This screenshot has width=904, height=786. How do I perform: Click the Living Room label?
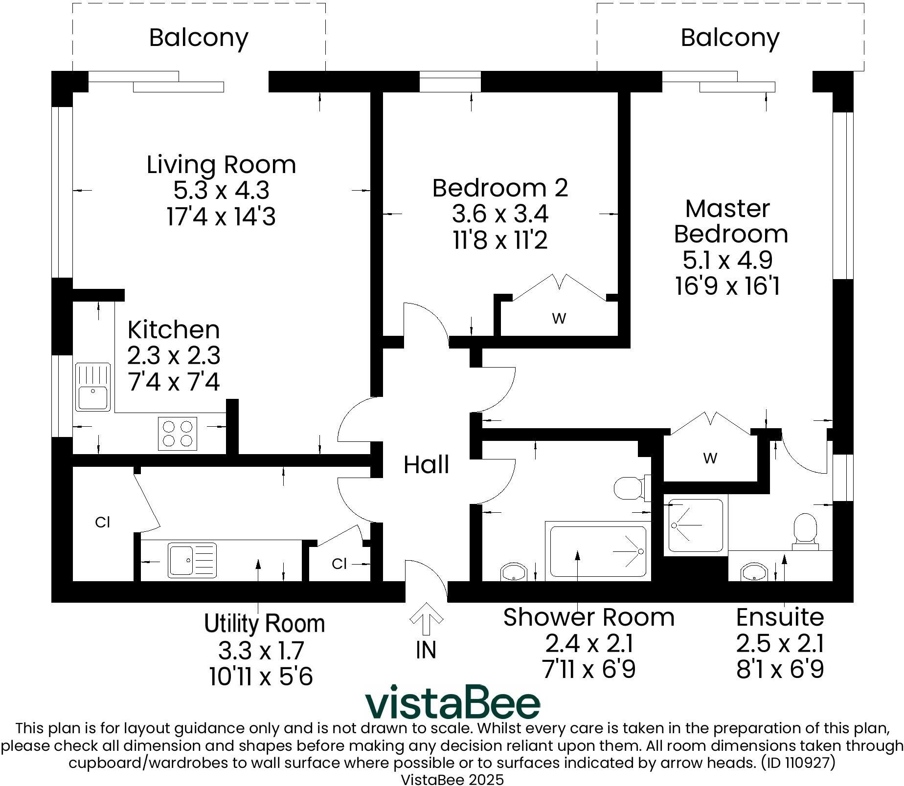[x=221, y=165]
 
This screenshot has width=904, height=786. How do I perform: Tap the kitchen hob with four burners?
[x=177, y=434]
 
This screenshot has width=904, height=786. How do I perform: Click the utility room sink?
[x=192, y=560]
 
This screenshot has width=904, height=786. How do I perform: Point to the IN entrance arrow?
[x=426, y=619]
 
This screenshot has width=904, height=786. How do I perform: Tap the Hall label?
[x=426, y=464]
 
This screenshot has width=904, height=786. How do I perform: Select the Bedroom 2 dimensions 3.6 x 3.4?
[x=500, y=214]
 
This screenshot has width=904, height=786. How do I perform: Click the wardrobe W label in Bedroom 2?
[x=559, y=319]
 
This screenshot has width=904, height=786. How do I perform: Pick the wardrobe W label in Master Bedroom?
[x=710, y=458]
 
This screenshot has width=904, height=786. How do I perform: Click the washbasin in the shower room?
[x=514, y=572]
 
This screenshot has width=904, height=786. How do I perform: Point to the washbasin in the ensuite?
[x=754, y=572]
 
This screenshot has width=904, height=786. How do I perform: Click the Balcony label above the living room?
[x=199, y=38]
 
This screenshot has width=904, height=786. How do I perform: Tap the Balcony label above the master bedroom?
[x=730, y=38]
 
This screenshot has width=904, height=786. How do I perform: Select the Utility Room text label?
[x=264, y=624]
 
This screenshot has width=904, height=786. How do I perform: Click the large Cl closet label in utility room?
[x=102, y=523]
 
